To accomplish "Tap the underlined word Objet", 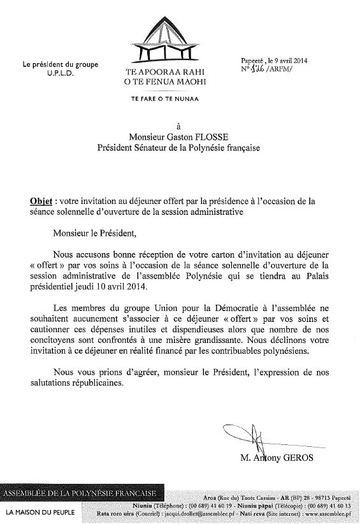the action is coord(41,200).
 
